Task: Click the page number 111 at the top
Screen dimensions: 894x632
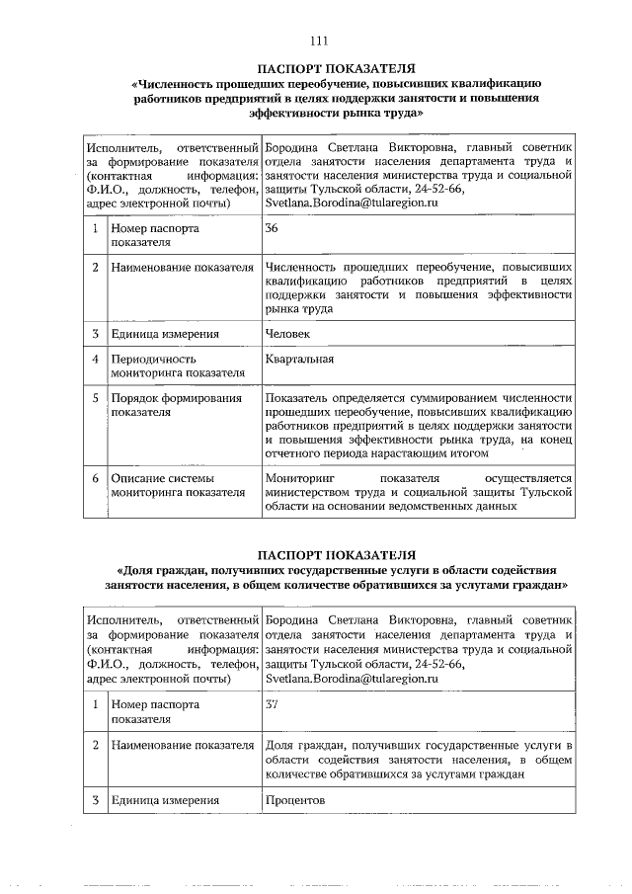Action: pos(317,41)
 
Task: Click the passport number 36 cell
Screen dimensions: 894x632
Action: pos(273,228)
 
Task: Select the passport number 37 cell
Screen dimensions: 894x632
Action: pos(273,704)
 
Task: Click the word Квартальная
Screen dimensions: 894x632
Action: pos(299,359)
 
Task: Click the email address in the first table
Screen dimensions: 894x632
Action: pos(351,203)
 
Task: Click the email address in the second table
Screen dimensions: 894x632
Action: pos(351,679)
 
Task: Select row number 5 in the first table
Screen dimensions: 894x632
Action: pos(95,398)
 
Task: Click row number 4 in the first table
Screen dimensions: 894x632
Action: pos(95,359)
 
